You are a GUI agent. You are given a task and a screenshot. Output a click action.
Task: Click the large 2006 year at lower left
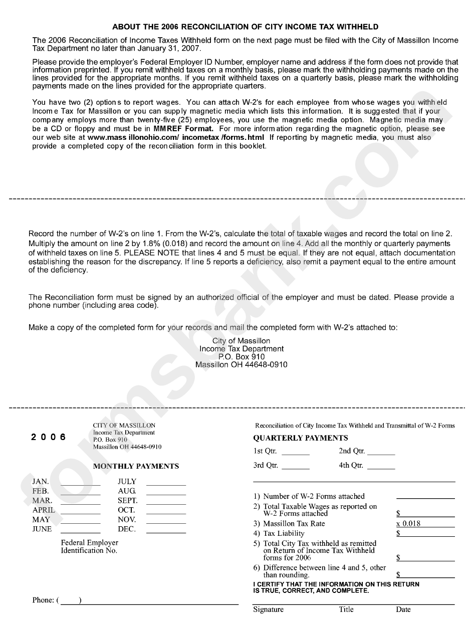pyautogui.click(x=48, y=437)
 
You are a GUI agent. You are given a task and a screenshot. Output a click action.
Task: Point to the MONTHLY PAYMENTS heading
pyautogui.click(x=136, y=466)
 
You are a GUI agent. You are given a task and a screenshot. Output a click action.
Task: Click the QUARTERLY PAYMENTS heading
pyautogui.click(x=300, y=438)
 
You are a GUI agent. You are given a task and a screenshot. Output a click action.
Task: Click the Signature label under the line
pyautogui.click(x=268, y=609)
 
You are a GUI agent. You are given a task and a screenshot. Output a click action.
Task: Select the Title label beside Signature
pyautogui.click(x=346, y=609)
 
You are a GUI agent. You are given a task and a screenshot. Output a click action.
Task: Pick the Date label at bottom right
pyautogui.click(x=403, y=609)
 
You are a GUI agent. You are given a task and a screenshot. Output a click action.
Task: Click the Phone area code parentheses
pyautogui.click(x=69, y=600)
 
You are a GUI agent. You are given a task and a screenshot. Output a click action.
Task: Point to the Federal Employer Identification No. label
pyautogui.click(x=90, y=546)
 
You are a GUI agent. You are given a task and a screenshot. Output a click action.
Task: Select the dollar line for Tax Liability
pyautogui.click(x=425, y=534)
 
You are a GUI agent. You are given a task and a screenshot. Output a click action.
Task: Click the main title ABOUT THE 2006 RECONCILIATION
pyautogui.click(x=245, y=27)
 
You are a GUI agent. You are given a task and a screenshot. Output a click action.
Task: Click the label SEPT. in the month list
pyautogui.click(x=127, y=500)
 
